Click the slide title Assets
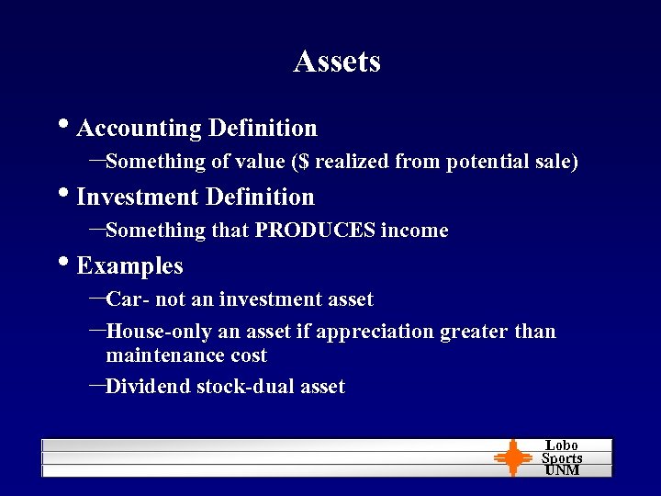point(337,61)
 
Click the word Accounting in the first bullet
point(140,128)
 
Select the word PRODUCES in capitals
point(315,231)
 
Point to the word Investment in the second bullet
point(139,197)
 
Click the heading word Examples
point(129,266)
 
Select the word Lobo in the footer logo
point(562,445)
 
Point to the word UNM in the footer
point(562,470)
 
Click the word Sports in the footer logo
point(562,458)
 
